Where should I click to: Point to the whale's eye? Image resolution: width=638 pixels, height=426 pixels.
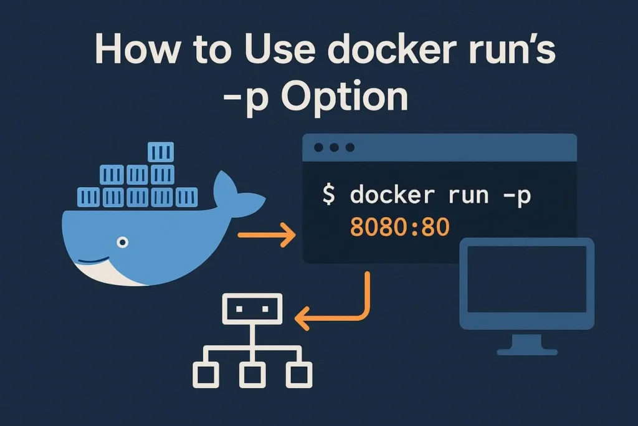[x=123, y=241]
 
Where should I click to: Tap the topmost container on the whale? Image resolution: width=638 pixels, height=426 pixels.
[x=161, y=153]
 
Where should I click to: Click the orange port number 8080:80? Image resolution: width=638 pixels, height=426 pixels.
[x=399, y=228]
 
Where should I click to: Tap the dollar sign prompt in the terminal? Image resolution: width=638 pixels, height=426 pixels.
[x=329, y=195]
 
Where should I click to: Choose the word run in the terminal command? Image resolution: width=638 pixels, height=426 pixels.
[x=460, y=196]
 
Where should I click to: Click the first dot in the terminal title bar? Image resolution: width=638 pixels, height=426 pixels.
[x=319, y=148]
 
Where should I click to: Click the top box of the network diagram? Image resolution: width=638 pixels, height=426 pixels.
[x=252, y=307]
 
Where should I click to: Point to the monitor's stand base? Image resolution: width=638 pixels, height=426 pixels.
[x=526, y=351]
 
